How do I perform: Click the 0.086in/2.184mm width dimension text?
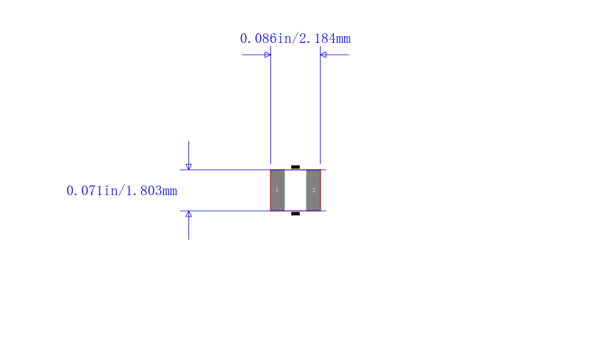tap(295, 38)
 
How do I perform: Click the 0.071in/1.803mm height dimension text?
tap(122, 191)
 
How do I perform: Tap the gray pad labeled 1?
tap(278, 191)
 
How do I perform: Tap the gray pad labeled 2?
tap(313, 191)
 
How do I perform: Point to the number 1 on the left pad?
tap(276, 190)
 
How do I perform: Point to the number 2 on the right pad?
tap(313, 190)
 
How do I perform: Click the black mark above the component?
tap(295, 166)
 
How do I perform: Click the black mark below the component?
tap(295, 214)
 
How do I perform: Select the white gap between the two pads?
tap(295, 191)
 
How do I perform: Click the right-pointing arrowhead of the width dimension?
tap(267, 55)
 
